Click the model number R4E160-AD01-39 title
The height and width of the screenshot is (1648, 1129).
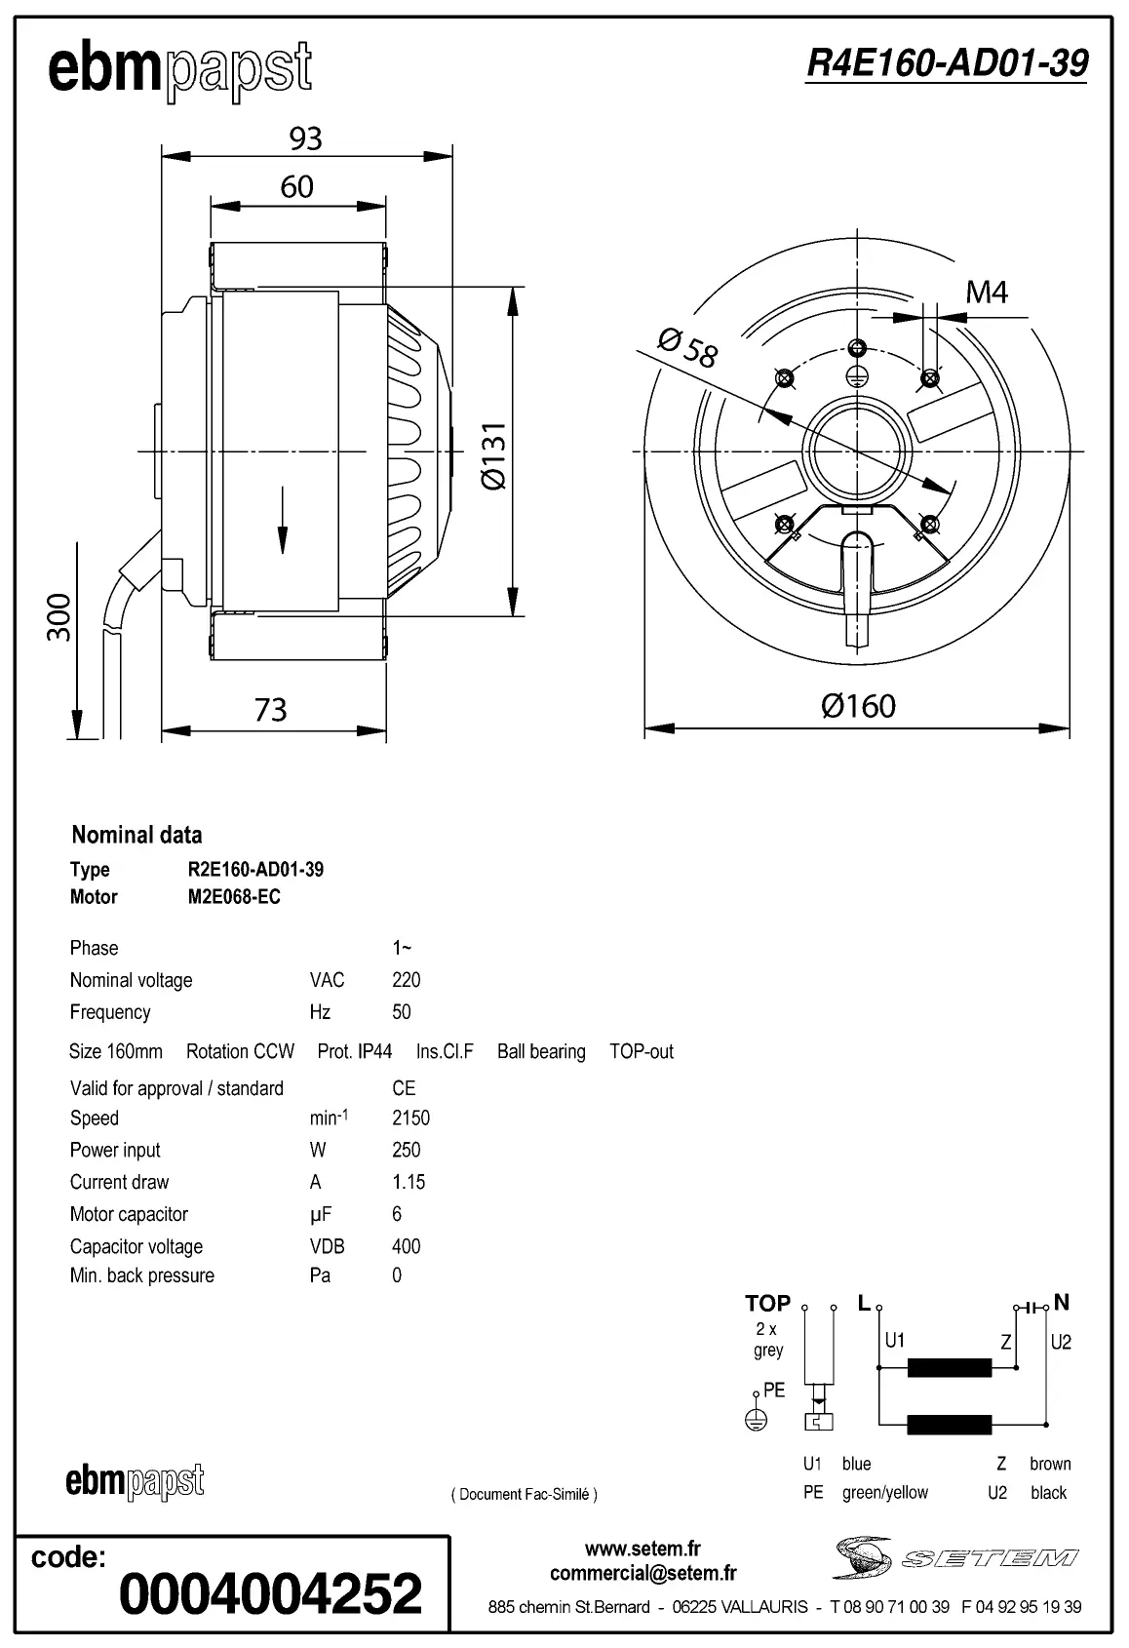tap(946, 64)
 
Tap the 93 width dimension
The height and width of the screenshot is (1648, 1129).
tap(305, 139)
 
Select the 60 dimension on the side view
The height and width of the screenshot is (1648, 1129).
tap(296, 187)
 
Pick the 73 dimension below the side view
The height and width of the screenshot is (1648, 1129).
tap(270, 710)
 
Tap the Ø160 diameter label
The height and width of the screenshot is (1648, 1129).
tap(857, 705)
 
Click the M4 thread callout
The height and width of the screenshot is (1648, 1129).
tap(986, 293)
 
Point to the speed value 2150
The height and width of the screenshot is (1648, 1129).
tap(410, 1118)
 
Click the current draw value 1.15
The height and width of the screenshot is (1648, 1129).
tap(409, 1182)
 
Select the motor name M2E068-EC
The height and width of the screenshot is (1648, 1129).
tap(234, 897)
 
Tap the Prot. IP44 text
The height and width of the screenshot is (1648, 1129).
tap(355, 1051)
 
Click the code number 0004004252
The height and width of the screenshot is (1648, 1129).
tap(270, 1593)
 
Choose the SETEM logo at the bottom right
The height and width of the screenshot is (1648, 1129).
tap(955, 1557)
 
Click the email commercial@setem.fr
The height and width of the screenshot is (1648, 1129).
tap(642, 1573)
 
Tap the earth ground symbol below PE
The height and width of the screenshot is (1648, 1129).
tap(756, 1421)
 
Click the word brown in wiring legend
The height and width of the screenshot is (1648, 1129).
tap(1049, 1464)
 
